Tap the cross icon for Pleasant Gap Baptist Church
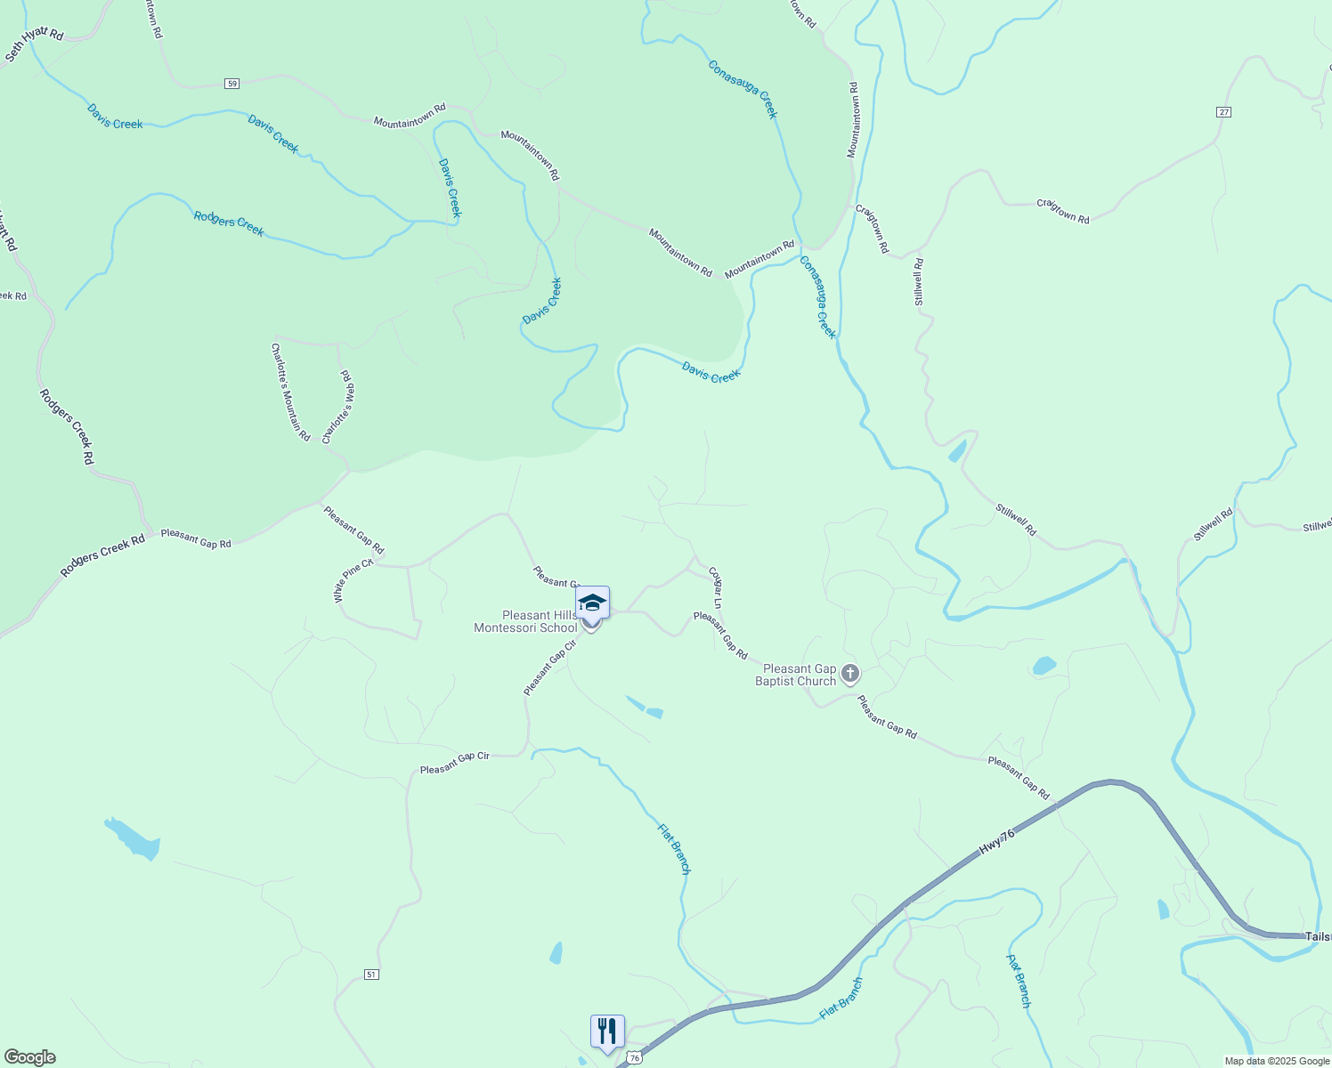[x=850, y=674]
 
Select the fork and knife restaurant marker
[x=607, y=1032]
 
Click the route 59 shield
[x=231, y=84]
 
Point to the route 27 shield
[x=1223, y=112]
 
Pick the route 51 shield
[x=371, y=975]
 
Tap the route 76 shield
[x=633, y=1057]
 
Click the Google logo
[x=30, y=1057]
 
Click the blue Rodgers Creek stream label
[x=229, y=222]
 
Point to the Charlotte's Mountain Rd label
[x=290, y=392]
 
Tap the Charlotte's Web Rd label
[x=339, y=408]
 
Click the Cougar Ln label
[x=715, y=587]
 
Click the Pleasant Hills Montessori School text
[x=526, y=621]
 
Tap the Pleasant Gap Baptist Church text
[x=796, y=675]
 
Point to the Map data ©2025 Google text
[x=1277, y=1061]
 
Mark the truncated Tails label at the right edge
[x=1318, y=936]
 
